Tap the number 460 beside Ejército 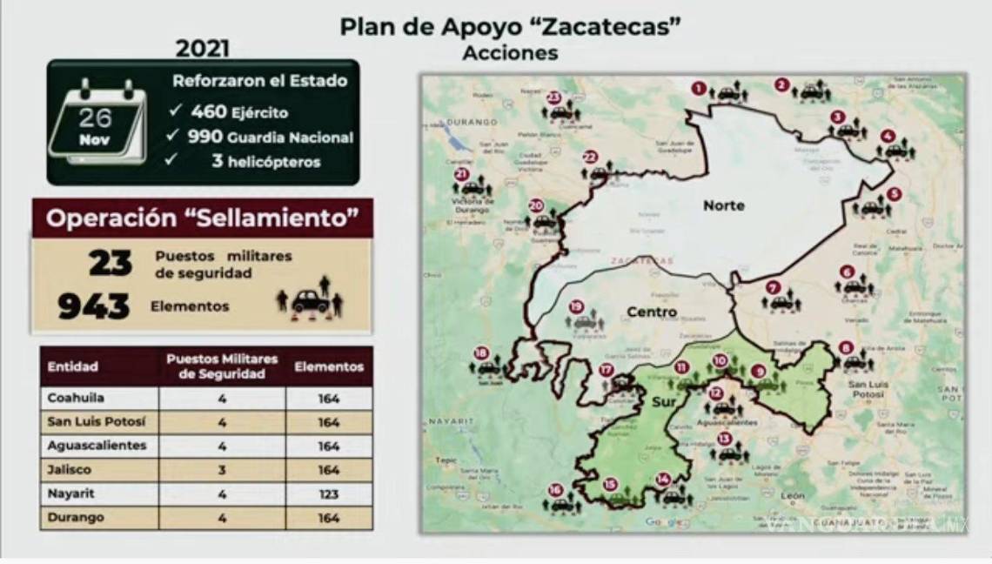point(209,111)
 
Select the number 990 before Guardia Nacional point(204,137)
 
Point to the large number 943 point(94,306)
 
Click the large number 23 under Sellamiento point(111,263)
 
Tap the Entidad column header point(73,366)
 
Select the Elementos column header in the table point(329,366)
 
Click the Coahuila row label point(77,399)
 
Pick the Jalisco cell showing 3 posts point(222,470)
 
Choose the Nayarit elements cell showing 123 point(329,493)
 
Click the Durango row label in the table point(76,518)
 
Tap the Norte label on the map point(724,205)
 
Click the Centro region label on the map point(652,312)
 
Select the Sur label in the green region point(664,402)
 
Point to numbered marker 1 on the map point(698,87)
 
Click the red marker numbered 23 point(553,97)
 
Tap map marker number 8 point(846,347)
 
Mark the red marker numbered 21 point(461,174)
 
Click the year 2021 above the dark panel point(203,47)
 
